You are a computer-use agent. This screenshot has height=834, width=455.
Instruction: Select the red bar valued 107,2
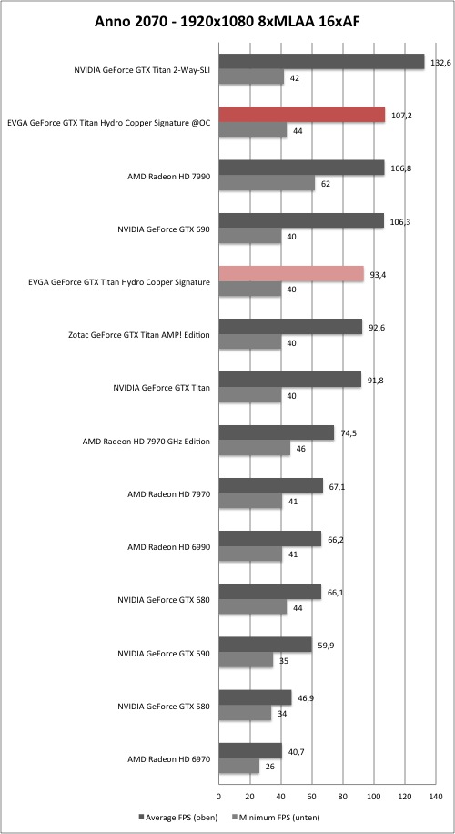(302, 115)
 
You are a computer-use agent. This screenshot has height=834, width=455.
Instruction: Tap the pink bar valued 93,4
(291, 274)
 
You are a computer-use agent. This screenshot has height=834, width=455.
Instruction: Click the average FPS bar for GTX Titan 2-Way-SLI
(321, 62)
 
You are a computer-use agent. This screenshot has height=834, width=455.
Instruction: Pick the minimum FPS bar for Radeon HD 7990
(267, 184)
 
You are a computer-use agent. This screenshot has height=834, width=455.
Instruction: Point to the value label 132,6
(440, 63)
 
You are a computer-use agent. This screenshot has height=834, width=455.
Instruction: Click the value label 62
(325, 184)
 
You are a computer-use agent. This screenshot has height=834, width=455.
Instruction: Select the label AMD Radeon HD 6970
(169, 759)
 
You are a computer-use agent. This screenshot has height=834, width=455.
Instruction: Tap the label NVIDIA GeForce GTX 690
(164, 229)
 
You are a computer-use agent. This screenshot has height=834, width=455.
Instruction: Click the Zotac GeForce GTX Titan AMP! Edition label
(140, 335)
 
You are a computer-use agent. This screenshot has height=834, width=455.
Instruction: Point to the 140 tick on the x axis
(436, 797)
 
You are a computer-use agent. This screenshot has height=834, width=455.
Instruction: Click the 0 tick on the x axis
(219, 797)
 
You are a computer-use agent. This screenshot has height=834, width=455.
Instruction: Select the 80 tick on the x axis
(343, 797)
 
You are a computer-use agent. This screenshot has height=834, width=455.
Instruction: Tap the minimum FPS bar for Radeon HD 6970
(239, 767)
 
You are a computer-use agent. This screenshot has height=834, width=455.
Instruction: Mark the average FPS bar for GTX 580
(255, 697)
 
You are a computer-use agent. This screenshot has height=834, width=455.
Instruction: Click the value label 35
(283, 662)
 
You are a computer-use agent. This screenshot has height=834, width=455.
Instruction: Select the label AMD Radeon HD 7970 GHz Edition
(147, 442)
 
